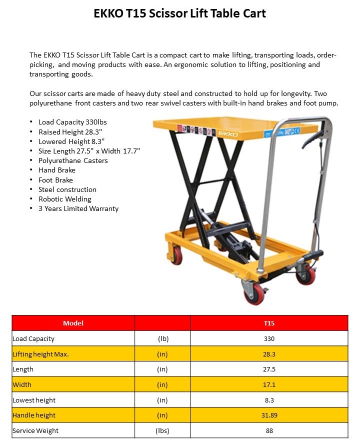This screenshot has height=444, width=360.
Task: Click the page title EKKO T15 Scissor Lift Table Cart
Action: coord(179,13)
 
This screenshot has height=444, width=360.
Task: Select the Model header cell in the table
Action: coord(73,323)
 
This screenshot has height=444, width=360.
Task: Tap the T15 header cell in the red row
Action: coord(269,323)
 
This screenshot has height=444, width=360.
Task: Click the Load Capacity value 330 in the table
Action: coord(269,338)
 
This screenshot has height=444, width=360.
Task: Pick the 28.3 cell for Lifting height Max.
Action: coord(269,354)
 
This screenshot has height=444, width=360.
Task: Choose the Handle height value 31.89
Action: coord(269,415)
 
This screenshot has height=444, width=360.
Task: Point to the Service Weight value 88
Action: coord(269,430)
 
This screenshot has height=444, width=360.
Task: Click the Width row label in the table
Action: coord(22,384)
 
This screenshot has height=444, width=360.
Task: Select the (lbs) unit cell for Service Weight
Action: coord(162,430)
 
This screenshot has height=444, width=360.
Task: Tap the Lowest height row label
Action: coord(34,400)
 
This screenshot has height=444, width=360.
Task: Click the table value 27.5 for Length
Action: coord(269,369)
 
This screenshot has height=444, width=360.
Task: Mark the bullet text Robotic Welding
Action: coord(64,199)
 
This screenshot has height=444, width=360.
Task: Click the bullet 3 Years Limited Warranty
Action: coord(78,208)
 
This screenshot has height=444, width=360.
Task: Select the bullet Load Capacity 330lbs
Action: coord(72,122)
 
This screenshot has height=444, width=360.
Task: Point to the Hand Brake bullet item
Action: coord(57,170)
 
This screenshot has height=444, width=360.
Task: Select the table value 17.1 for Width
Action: coord(269,384)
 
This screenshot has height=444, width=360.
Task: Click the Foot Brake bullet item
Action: coord(55,180)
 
